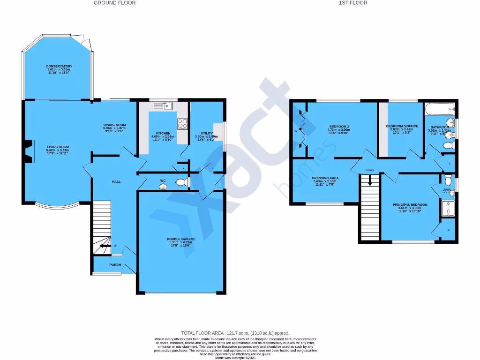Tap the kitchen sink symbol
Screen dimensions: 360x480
point(162,106)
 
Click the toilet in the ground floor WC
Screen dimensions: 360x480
point(180,182)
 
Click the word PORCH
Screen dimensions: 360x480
point(115,265)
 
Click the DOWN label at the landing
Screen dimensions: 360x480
point(370,170)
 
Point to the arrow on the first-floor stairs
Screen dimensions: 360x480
point(370,180)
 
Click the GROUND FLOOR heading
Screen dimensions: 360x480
point(115,3)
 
